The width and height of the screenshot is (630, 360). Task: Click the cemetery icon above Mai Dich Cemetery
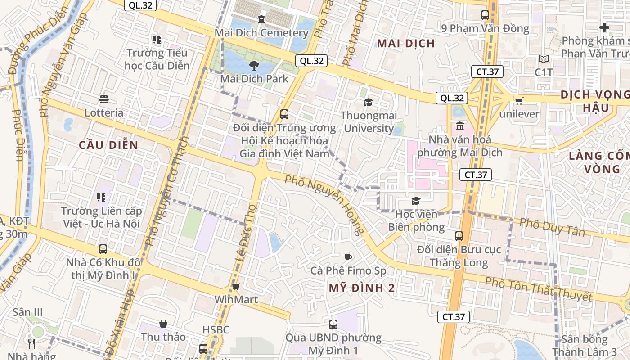point(261,19)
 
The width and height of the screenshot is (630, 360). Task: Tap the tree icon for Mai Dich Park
point(254,66)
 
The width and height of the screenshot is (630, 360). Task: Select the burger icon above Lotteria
point(104,99)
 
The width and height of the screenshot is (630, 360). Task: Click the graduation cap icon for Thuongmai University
point(368,102)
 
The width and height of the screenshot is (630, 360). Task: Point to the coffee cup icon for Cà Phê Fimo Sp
point(348,257)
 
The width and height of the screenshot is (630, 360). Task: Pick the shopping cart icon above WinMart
point(236,286)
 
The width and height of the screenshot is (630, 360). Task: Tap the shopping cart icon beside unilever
point(519,101)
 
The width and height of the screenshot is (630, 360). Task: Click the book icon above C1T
point(544,59)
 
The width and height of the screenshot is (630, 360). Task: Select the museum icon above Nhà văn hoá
point(459,126)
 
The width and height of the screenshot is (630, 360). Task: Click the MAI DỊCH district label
point(406,44)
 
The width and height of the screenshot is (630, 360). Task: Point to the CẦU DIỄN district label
point(108,145)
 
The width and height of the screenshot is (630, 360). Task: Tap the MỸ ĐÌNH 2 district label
point(362,288)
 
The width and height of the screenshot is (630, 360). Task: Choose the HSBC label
point(216,329)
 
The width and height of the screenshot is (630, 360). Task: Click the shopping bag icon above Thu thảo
point(163,324)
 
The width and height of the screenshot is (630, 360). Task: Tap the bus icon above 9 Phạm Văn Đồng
point(485,15)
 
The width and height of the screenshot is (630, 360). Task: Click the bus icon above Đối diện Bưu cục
point(459,236)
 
